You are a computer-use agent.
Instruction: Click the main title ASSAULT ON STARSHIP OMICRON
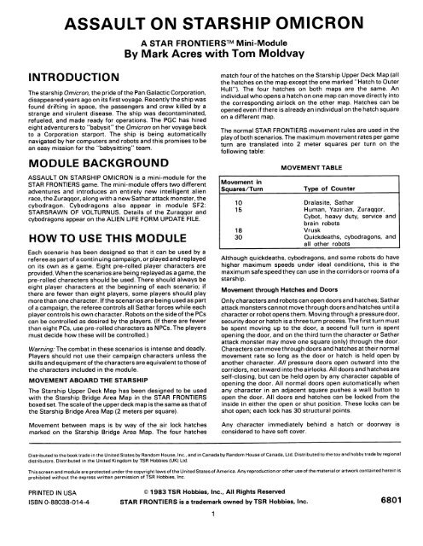click(211, 19)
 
